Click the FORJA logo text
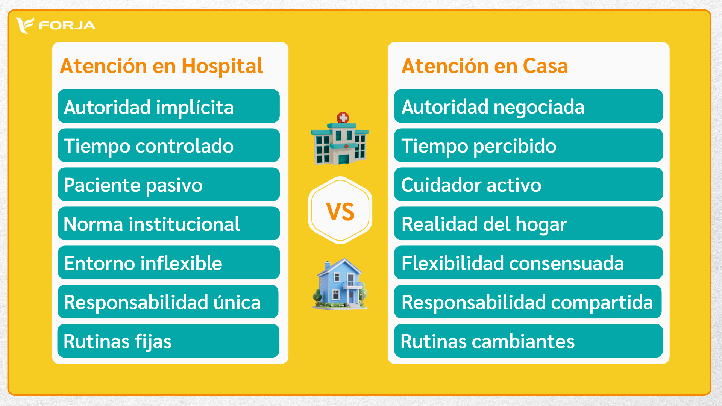tap(67, 26)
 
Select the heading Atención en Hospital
tap(161, 66)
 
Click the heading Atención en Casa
tap(484, 66)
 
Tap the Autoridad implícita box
tap(168, 106)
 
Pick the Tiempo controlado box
tap(168, 145)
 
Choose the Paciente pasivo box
tap(168, 184)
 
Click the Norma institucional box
tap(168, 223)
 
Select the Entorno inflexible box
tap(168, 262)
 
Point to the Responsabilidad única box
tap(168, 301)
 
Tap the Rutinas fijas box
tap(168, 341)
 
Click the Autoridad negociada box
tap(528, 106)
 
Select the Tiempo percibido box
tap(528, 145)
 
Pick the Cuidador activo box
tap(528, 184)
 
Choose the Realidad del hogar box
tap(528, 223)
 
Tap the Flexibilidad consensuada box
tap(528, 262)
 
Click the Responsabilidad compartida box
tap(528, 301)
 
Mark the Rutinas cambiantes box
tap(528, 341)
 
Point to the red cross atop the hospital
tap(343, 118)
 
